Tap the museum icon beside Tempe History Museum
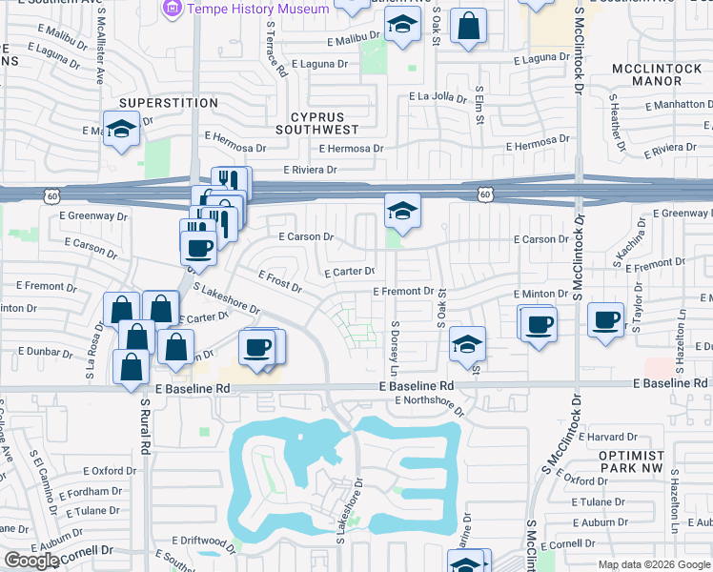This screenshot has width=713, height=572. pyautogui.click(x=173, y=9)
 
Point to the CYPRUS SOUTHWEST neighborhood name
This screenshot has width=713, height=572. pyautogui.click(x=316, y=122)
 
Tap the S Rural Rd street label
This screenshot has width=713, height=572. pyautogui.click(x=146, y=425)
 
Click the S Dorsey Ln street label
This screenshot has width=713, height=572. pyautogui.click(x=394, y=347)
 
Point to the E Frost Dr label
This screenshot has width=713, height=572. pyautogui.click(x=280, y=280)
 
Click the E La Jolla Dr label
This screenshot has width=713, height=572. pyautogui.click(x=439, y=96)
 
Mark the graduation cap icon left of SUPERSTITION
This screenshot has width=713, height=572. pyautogui.click(x=121, y=129)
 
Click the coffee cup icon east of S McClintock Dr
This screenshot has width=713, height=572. pyautogui.click(x=606, y=319)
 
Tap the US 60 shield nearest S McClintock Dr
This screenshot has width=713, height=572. pyautogui.click(x=485, y=194)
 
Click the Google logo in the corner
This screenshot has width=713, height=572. pyautogui.click(x=31, y=561)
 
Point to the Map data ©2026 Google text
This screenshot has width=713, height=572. pyautogui.click(x=653, y=564)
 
